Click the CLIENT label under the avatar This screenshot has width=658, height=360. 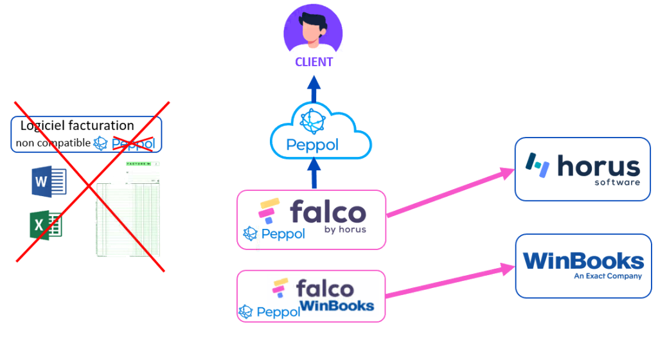[314, 62]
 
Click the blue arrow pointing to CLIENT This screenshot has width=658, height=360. [314, 89]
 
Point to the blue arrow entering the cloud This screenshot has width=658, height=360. [314, 172]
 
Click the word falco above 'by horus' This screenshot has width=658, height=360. [328, 212]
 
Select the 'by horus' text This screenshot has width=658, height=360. [344, 230]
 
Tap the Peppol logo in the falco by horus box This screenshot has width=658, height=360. [274, 234]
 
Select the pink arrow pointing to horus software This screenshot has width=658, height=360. [450, 193]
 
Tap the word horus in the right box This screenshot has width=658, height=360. [598, 166]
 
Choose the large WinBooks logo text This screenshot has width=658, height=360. [583, 261]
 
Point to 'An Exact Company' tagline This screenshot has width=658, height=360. [608, 276]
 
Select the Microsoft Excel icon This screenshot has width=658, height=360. [46, 225]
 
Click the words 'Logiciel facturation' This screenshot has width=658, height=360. [77, 126]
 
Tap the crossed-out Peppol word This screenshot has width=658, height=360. [133, 144]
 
